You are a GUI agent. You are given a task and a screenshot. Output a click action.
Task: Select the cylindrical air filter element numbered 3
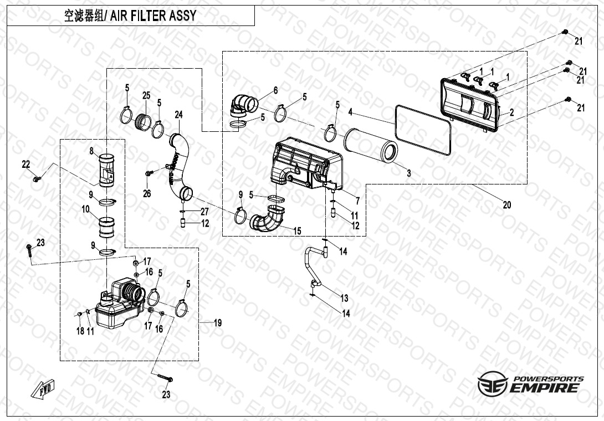pos(371,147)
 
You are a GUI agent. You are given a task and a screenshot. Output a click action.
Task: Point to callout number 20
pos(507,205)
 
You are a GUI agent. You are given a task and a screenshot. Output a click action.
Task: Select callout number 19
pos(218,323)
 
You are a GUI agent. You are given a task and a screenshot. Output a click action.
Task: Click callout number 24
pos(178,115)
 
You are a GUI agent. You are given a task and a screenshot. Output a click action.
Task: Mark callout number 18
pos(80,331)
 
